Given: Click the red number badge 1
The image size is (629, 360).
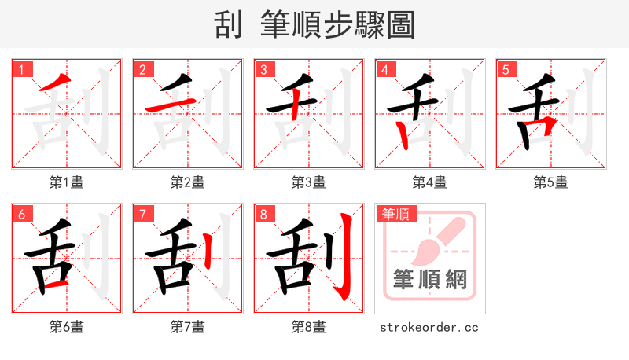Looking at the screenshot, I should click(22, 69).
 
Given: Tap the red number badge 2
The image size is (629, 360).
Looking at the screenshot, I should click(143, 69).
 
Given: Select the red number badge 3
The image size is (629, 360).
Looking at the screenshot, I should click(264, 69).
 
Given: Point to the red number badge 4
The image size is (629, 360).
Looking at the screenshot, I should click(385, 69).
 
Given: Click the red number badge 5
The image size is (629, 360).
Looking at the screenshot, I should click(506, 69).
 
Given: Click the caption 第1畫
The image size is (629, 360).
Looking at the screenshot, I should click(67, 182).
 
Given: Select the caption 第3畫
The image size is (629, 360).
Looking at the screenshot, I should click(309, 182).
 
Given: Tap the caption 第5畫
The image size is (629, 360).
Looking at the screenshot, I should click(551, 182).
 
